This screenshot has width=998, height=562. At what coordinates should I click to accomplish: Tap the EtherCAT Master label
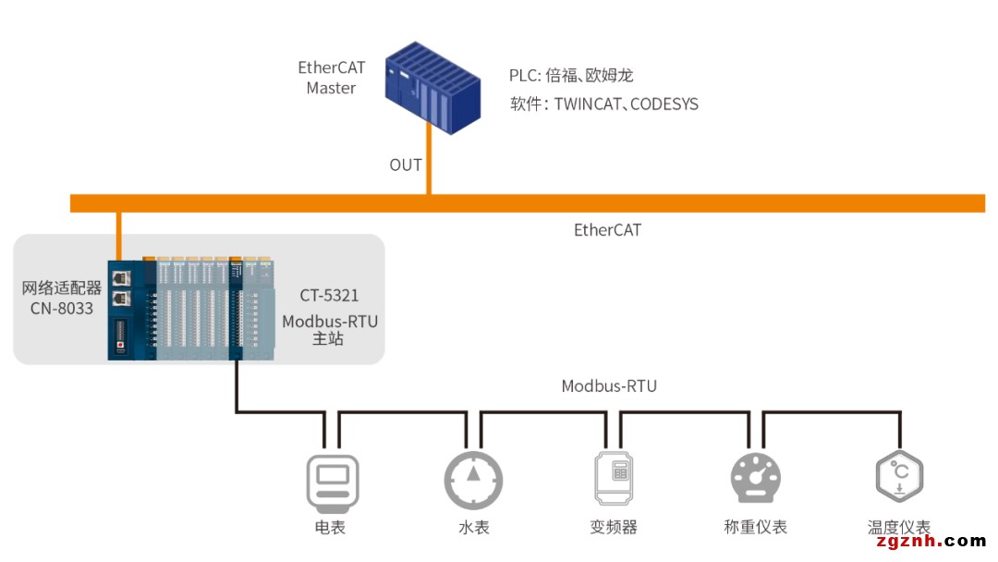coord(331,78)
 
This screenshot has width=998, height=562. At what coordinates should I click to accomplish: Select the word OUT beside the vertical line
coord(406,165)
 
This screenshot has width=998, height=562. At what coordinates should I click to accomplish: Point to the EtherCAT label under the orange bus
coord(607,229)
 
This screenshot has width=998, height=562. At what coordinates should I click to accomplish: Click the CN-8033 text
coord(62,309)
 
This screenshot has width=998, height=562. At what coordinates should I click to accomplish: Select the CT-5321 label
coord(329,296)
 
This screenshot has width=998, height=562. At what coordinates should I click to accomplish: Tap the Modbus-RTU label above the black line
coord(609,385)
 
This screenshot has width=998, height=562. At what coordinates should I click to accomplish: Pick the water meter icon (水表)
coord(473,479)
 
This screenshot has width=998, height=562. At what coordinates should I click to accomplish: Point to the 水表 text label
coord(473,528)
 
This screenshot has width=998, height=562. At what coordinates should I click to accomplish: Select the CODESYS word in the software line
coord(663,104)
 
